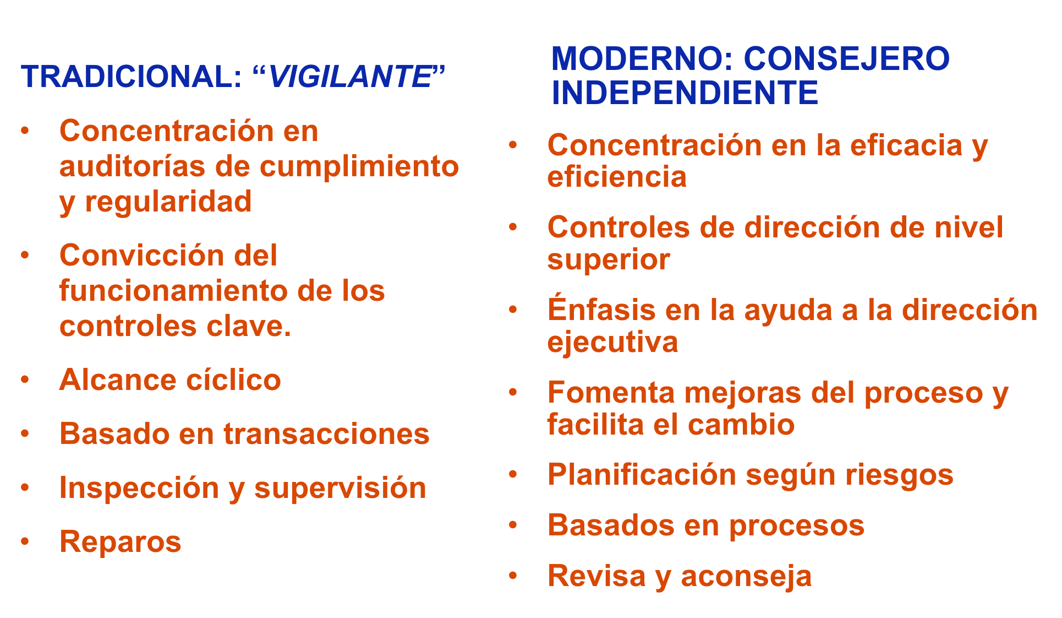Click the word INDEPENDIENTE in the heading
click(685, 92)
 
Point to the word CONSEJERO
click(847, 58)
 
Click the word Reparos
click(121, 542)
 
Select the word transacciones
click(326, 434)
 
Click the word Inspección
click(139, 488)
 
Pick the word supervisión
click(340, 488)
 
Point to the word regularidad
click(168, 202)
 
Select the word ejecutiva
click(612, 343)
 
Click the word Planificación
click(642, 475)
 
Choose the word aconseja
click(746, 576)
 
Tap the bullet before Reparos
click(25, 541)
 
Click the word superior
click(609, 260)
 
